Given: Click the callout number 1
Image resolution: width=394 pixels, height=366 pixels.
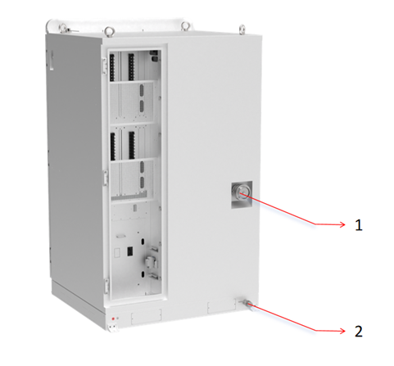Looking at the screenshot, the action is click(x=359, y=225).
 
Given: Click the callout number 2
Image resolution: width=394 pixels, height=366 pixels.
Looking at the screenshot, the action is click(x=359, y=332).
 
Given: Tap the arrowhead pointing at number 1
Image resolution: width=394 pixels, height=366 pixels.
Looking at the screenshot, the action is click(x=342, y=224).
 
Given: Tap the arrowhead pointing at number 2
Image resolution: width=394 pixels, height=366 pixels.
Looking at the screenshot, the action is click(x=342, y=331).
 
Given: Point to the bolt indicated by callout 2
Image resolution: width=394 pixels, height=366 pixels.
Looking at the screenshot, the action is click(x=247, y=305).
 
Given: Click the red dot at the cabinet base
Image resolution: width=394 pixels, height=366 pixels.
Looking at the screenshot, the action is click(x=113, y=319).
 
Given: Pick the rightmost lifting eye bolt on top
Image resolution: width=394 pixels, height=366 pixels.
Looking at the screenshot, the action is click(x=242, y=29).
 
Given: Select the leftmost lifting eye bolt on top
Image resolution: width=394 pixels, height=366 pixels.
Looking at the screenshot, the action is click(x=63, y=28).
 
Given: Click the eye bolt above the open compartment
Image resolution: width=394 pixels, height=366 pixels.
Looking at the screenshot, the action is click(x=109, y=31).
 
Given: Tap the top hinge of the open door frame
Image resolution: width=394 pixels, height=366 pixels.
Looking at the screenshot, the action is click(x=104, y=66).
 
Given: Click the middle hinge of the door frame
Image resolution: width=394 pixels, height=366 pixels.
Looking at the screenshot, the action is click(x=105, y=177).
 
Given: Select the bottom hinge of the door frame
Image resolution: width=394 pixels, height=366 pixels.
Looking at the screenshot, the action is click(x=106, y=285).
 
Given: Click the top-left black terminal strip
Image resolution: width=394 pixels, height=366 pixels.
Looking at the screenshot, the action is click(x=112, y=67).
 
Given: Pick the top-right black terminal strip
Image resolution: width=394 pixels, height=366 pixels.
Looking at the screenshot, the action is click(x=131, y=67).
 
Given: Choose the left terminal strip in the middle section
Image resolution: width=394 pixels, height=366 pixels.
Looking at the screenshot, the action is click(x=113, y=147).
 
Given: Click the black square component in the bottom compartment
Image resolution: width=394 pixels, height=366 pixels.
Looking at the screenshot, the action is click(x=129, y=251).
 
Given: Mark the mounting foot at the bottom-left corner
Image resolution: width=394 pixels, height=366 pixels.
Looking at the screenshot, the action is click(x=113, y=328).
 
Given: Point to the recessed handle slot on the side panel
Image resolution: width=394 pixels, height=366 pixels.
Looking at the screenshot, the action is click(x=51, y=60).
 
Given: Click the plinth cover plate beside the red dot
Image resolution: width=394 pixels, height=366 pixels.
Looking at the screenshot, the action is click(x=147, y=317).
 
